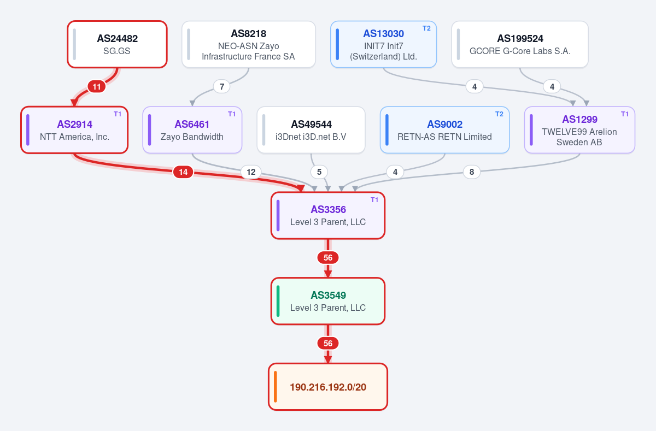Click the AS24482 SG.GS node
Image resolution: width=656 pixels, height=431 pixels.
pos(117,44)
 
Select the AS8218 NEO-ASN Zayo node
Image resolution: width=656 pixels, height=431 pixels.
pos(249,44)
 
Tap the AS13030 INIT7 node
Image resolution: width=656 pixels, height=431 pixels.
pos(383,44)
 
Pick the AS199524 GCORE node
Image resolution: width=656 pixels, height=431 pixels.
pos(520,44)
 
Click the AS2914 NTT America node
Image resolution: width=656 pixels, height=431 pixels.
pos(74,130)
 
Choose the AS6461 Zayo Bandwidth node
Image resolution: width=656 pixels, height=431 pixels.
pos(192,130)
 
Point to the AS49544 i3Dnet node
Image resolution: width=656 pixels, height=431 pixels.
pos(311,130)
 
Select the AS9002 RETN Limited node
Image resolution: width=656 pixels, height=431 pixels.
pos(444,130)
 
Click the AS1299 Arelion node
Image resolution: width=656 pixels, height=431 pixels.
pos(579,130)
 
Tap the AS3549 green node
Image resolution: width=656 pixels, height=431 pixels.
pos(328,301)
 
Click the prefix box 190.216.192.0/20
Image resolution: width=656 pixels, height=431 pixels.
pos(328,387)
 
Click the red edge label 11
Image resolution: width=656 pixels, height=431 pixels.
pos(97,87)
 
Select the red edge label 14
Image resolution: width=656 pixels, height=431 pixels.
pos(183,172)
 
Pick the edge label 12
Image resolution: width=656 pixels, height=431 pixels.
pos(251,172)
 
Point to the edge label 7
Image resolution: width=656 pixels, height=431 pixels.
pos(222,87)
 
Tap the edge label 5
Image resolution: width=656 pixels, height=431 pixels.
pos(319,172)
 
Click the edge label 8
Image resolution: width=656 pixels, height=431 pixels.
pos(472,172)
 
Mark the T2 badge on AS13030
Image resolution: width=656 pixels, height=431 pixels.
pos(427,28)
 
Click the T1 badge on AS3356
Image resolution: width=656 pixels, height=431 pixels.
pos(374,200)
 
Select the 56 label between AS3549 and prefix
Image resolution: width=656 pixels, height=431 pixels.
pos(328,343)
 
